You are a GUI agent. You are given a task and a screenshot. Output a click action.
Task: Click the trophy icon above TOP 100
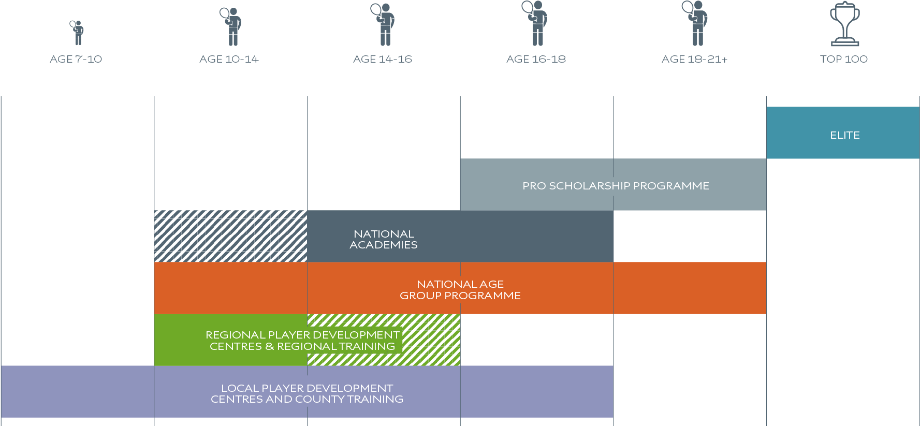[845, 24]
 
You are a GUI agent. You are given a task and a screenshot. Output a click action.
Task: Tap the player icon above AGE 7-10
[77, 33]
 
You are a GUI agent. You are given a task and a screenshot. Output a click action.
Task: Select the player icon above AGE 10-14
[231, 26]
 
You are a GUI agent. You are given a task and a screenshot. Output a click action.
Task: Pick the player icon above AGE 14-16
[383, 24]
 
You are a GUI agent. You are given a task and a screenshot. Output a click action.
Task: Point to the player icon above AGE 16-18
[536, 23]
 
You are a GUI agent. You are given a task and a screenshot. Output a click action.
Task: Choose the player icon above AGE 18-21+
[696, 23]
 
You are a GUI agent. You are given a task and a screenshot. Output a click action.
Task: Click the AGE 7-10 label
[76, 59]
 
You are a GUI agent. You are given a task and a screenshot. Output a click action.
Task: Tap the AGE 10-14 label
[229, 59]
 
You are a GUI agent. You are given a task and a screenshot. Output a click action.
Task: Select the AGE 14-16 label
[383, 59]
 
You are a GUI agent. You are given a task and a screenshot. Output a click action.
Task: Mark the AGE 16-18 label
[536, 59]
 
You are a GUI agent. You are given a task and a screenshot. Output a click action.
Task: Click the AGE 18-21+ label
[694, 59]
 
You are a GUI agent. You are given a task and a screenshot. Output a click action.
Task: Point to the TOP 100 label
[844, 59]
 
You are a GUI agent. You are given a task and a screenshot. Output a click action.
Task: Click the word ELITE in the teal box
[845, 135]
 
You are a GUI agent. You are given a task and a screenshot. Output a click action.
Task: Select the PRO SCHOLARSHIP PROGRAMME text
[616, 186]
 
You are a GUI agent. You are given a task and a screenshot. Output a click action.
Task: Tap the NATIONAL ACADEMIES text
[384, 239]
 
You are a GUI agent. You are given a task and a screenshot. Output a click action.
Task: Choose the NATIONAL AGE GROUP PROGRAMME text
[460, 290]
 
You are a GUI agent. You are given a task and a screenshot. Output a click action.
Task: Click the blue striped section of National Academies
[230, 236]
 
